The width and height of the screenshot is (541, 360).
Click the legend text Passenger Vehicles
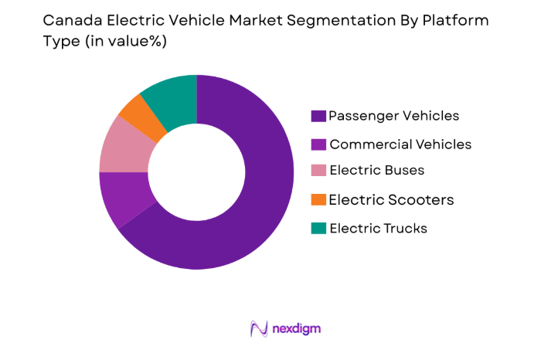[393, 116]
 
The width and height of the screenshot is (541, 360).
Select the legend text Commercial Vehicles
[400, 144]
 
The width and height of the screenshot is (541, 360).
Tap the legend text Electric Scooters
[391, 200]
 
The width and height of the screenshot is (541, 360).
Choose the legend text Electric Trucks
[378, 228]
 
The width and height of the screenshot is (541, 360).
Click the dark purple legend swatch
[318, 116]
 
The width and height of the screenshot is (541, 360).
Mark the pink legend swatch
[318, 172]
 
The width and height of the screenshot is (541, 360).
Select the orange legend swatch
[318, 200]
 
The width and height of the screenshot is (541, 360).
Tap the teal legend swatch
[318, 228]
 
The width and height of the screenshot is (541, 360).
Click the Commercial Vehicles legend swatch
[318, 144]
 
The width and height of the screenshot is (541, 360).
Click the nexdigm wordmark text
[297, 328]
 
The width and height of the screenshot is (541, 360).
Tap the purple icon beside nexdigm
[259, 328]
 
